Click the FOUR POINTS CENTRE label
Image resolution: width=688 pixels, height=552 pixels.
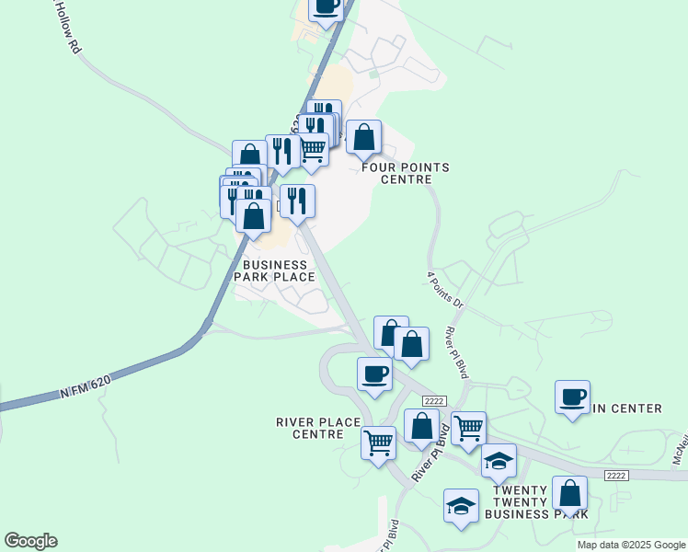point(406,173)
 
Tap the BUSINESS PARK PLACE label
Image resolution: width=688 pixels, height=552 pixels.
point(279,270)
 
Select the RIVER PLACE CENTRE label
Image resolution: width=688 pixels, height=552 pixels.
point(318,428)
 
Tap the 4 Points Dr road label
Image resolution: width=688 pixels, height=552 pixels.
point(446,289)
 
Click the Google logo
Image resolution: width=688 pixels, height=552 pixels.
point(30,541)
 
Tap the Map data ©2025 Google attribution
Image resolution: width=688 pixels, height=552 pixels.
point(631,545)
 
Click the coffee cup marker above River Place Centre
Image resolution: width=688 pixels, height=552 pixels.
point(374,374)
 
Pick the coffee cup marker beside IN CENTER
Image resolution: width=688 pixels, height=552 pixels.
point(572,397)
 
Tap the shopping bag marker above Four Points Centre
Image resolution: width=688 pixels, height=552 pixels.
point(364,138)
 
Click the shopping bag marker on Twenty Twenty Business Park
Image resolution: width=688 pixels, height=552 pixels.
point(570,493)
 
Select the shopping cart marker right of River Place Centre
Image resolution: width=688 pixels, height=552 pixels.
point(379,443)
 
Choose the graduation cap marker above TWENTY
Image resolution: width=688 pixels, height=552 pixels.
point(499,461)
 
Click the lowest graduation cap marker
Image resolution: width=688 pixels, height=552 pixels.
point(461,505)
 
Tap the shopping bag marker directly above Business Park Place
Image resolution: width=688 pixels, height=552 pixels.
point(254,217)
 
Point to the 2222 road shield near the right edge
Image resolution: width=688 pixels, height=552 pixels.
point(617,475)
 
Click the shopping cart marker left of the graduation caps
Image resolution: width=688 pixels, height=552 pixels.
point(469,428)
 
